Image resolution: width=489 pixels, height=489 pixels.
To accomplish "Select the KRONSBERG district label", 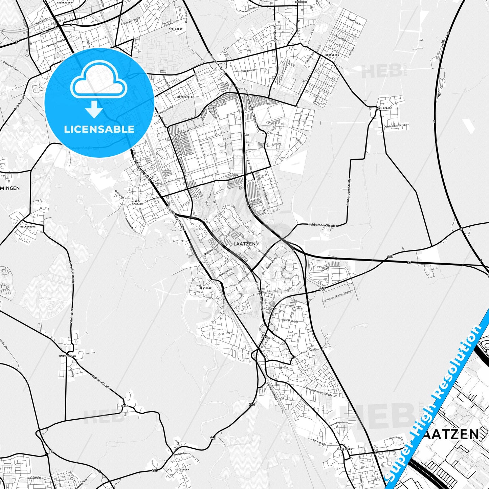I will point(332,55).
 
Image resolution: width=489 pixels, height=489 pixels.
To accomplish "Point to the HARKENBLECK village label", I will point(67,356).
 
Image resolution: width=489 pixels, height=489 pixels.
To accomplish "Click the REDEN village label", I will point(124,406).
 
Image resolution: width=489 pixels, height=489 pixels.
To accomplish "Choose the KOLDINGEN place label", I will point(182,469).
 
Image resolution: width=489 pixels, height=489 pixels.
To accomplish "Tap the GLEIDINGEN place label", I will point(344,449).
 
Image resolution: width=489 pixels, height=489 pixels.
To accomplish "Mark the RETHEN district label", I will point(284,368).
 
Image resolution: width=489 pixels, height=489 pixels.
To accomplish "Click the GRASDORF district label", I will point(205,288).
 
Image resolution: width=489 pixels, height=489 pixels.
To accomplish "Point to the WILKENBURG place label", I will point(28,226).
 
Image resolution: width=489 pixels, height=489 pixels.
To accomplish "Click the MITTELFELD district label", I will point(185,97).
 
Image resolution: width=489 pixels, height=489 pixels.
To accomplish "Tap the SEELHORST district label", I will point(176,29).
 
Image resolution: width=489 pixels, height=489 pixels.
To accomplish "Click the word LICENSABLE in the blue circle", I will point(99,129).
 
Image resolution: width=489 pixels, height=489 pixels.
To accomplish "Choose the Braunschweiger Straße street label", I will point(319,392).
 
